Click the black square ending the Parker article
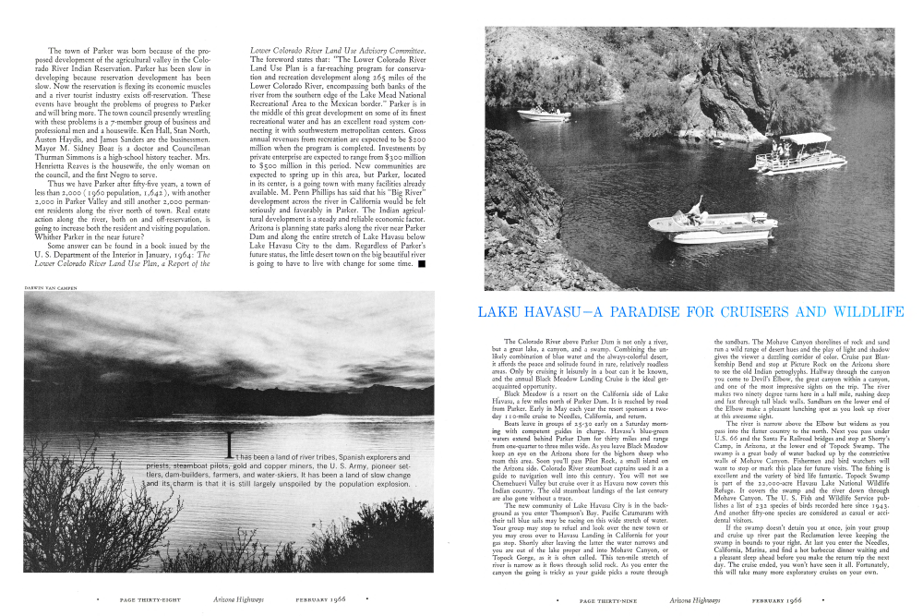coord(421,263)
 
